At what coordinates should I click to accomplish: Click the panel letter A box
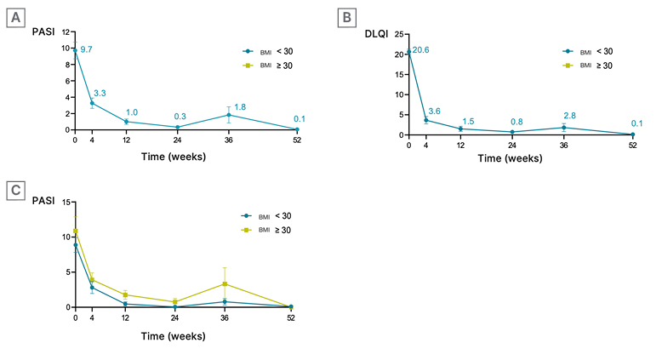pyautogui.click(x=15, y=17)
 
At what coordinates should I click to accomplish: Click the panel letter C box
pyautogui.click(x=15, y=191)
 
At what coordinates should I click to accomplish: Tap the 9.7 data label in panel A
pyautogui.click(x=86, y=49)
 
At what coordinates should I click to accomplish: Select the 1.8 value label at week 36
pyautogui.click(x=240, y=106)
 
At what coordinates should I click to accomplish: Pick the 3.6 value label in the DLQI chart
pyautogui.click(x=434, y=111)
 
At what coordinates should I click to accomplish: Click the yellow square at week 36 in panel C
pyautogui.click(x=225, y=284)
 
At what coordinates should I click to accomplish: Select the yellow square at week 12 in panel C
pyautogui.click(x=125, y=295)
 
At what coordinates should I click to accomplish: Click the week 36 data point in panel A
pyautogui.click(x=228, y=115)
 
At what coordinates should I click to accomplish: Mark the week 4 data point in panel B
pyautogui.click(x=425, y=120)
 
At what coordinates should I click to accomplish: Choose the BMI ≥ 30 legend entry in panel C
pyautogui.click(x=265, y=230)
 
